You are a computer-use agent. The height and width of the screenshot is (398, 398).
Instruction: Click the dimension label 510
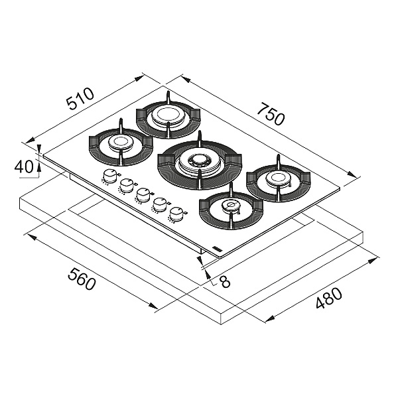(x=80, y=99)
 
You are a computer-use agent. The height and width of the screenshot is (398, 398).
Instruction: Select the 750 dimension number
(x=271, y=114)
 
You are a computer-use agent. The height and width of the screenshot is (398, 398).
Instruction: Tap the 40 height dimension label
(x=24, y=167)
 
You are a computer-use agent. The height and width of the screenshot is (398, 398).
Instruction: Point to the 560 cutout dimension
(x=82, y=279)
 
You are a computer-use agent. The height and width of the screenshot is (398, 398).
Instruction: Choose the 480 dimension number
(x=328, y=298)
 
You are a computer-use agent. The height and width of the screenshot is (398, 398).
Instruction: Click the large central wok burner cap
(x=200, y=160)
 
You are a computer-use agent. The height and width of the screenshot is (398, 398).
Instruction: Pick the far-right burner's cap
(x=278, y=177)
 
